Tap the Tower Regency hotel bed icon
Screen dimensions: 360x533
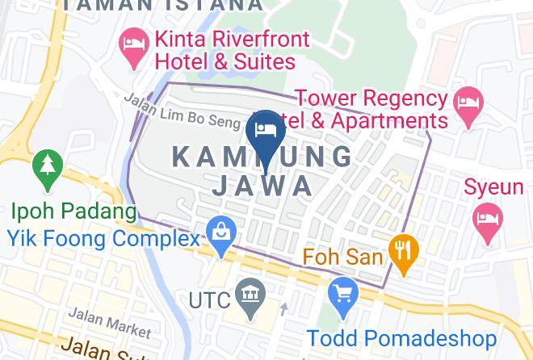pyautogui.click(x=468, y=102)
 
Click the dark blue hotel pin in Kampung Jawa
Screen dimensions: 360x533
pyautogui.click(x=266, y=132)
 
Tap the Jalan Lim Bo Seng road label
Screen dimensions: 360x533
pyautogui.click(x=183, y=111)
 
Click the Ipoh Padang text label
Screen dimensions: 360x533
pyautogui.click(x=73, y=212)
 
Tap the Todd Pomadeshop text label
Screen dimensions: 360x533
pyautogui.click(x=401, y=337)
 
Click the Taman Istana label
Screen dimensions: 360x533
pyautogui.click(x=162, y=5)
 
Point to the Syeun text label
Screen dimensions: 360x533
pyautogui.click(x=493, y=187)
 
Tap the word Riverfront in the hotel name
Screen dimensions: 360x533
pyautogui.click(x=243, y=38)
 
